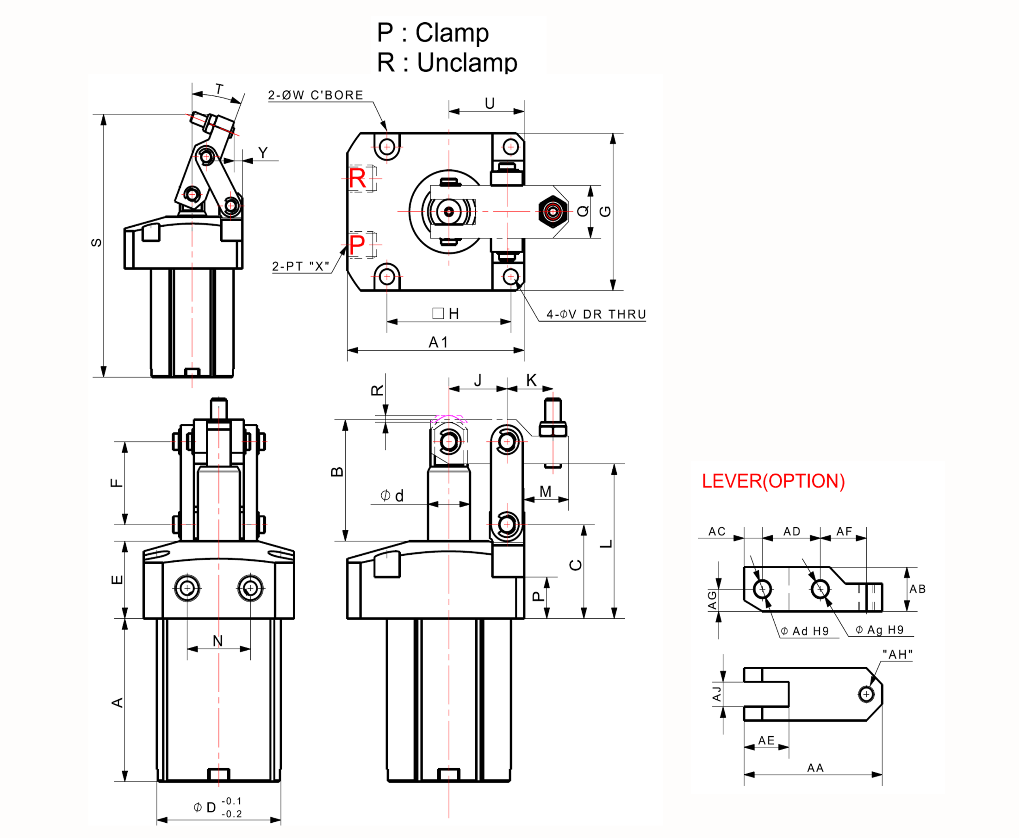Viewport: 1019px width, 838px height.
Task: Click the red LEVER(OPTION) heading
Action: click(x=773, y=481)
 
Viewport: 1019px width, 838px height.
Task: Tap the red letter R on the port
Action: click(x=357, y=179)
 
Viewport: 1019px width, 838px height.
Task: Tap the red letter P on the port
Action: click(x=357, y=245)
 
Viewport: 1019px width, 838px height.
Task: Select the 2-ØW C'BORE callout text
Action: click(x=316, y=95)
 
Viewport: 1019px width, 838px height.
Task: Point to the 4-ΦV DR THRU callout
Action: click(x=596, y=314)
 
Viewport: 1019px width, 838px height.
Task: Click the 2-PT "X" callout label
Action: click(x=300, y=267)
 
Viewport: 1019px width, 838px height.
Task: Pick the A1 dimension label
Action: click(x=438, y=342)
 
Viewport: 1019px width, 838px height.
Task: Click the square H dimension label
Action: click(x=446, y=314)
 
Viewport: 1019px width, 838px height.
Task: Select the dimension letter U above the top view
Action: click(x=490, y=103)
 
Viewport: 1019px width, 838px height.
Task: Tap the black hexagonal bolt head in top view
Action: click(x=553, y=211)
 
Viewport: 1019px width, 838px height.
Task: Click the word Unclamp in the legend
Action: click(x=467, y=63)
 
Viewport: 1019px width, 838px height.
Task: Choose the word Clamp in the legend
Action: click(x=452, y=33)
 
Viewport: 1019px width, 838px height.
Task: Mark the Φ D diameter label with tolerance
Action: click(x=217, y=807)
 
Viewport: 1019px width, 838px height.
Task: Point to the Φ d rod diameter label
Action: click(x=392, y=496)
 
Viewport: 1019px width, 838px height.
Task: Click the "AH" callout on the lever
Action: click(x=897, y=654)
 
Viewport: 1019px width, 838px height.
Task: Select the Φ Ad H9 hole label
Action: click(x=805, y=631)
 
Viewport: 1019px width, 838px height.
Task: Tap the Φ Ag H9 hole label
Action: click(x=880, y=629)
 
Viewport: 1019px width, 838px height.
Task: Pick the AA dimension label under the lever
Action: click(x=815, y=768)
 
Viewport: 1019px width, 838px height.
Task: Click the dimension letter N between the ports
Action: click(x=217, y=641)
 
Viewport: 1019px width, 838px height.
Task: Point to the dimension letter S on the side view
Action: click(x=97, y=242)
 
